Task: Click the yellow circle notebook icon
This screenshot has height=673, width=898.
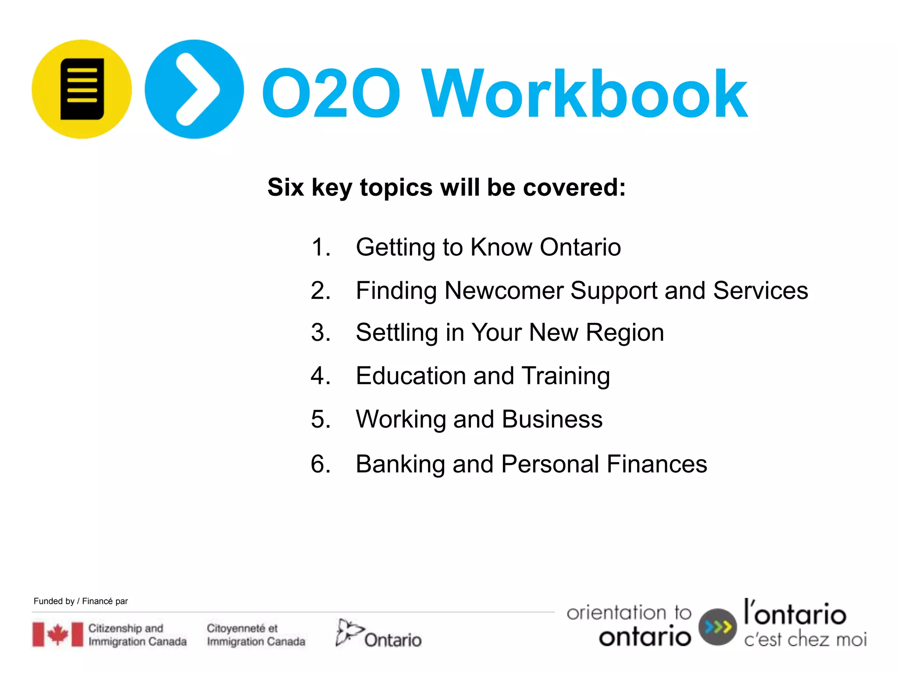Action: [x=82, y=89]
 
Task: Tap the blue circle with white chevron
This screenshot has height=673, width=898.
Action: [x=194, y=89]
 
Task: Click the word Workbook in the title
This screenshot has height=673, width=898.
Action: [x=584, y=94]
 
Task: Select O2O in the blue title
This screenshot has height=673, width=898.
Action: [x=331, y=94]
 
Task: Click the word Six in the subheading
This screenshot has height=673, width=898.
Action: [x=285, y=188]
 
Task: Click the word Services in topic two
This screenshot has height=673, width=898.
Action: [x=760, y=290]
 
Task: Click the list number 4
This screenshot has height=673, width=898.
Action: [x=321, y=376]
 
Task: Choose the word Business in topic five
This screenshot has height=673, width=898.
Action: [x=552, y=419]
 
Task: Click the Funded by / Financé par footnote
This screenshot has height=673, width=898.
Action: [x=81, y=601]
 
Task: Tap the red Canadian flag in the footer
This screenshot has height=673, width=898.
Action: [x=57, y=634]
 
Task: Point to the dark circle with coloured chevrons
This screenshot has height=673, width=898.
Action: [x=717, y=627]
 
